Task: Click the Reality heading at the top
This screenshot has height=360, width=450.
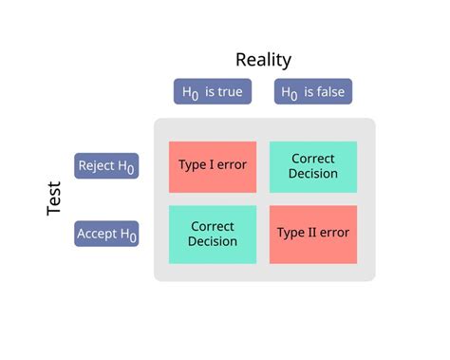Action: click(x=263, y=60)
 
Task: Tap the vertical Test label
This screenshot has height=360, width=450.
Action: click(x=54, y=199)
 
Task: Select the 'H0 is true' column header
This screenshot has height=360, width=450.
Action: click(x=213, y=92)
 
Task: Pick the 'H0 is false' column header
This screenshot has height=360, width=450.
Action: click(x=313, y=92)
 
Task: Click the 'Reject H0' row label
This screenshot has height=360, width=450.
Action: click(x=106, y=166)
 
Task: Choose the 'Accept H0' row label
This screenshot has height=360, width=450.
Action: click(x=106, y=234)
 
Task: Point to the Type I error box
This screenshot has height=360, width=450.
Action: click(x=213, y=166)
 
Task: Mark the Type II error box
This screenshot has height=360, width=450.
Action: click(x=313, y=233)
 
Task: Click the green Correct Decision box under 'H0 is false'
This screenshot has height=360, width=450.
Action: click(x=313, y=166)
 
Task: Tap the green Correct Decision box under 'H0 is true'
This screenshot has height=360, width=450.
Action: click(x=213, y=234)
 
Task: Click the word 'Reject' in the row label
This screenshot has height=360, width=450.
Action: click(x=97, y=165)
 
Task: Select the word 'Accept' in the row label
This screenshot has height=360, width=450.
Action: click(x=97, y=233)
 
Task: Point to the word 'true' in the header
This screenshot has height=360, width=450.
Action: click(x=230, y=92)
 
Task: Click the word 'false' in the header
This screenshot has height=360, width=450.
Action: click(x=330, y=92)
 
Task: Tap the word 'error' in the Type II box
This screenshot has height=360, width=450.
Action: click(x=333, y=233)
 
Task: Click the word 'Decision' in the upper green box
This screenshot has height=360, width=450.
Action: click(x=313, y=174)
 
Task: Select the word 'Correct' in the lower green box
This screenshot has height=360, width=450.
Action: click(x=213, y=226)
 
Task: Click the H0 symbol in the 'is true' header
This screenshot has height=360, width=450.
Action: click(x=191, y=93)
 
